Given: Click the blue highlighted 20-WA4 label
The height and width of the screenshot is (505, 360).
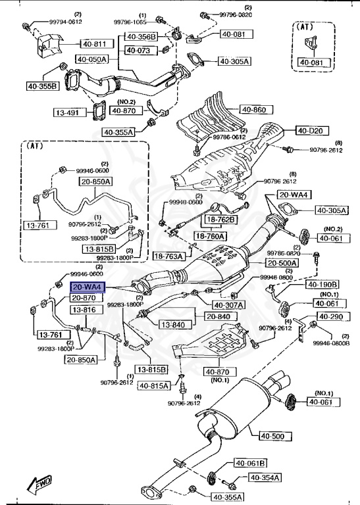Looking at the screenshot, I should [x=87, y=287].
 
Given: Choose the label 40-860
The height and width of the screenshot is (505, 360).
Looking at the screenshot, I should [x=253, y=110].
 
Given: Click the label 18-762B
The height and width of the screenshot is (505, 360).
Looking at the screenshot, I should [x=222, y=220].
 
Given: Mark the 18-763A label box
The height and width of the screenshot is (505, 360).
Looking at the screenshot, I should [x=169, y=256].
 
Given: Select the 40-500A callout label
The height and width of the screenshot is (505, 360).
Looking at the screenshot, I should [x=282, y=262].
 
